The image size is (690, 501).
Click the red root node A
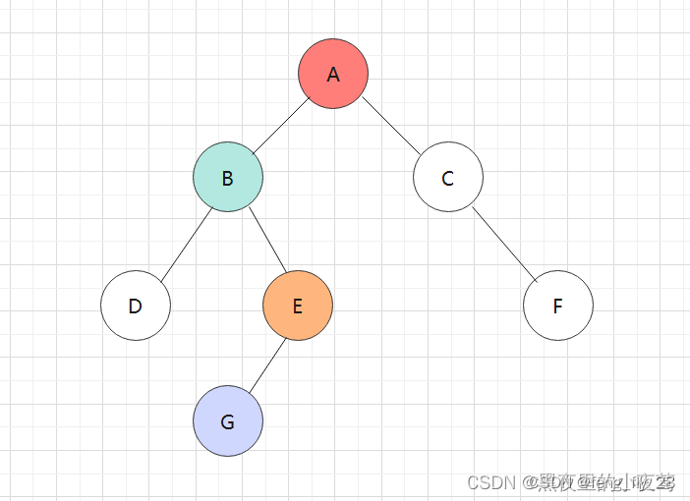pos(333,74)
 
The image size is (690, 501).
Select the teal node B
pos(228,178)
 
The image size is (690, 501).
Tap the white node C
pos(448,178)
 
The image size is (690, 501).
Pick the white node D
pos(136,306)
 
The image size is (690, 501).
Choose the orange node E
pos(298,306)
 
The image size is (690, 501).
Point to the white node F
pos(558,306)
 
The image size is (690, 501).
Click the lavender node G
pos(228,421)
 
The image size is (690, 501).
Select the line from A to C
pos(390,124)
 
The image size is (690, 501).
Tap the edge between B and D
pos(186,242)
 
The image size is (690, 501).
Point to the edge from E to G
pos(263,364)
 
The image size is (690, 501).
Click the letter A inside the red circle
pos(333,75)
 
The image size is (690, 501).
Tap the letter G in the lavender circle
pos(228,422)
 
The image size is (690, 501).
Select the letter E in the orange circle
pos(298,306)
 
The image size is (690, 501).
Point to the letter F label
pos(558,306)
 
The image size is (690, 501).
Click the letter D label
pos(136,306)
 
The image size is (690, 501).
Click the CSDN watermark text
pos(491,482)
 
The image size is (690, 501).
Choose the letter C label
pos(448,179)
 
